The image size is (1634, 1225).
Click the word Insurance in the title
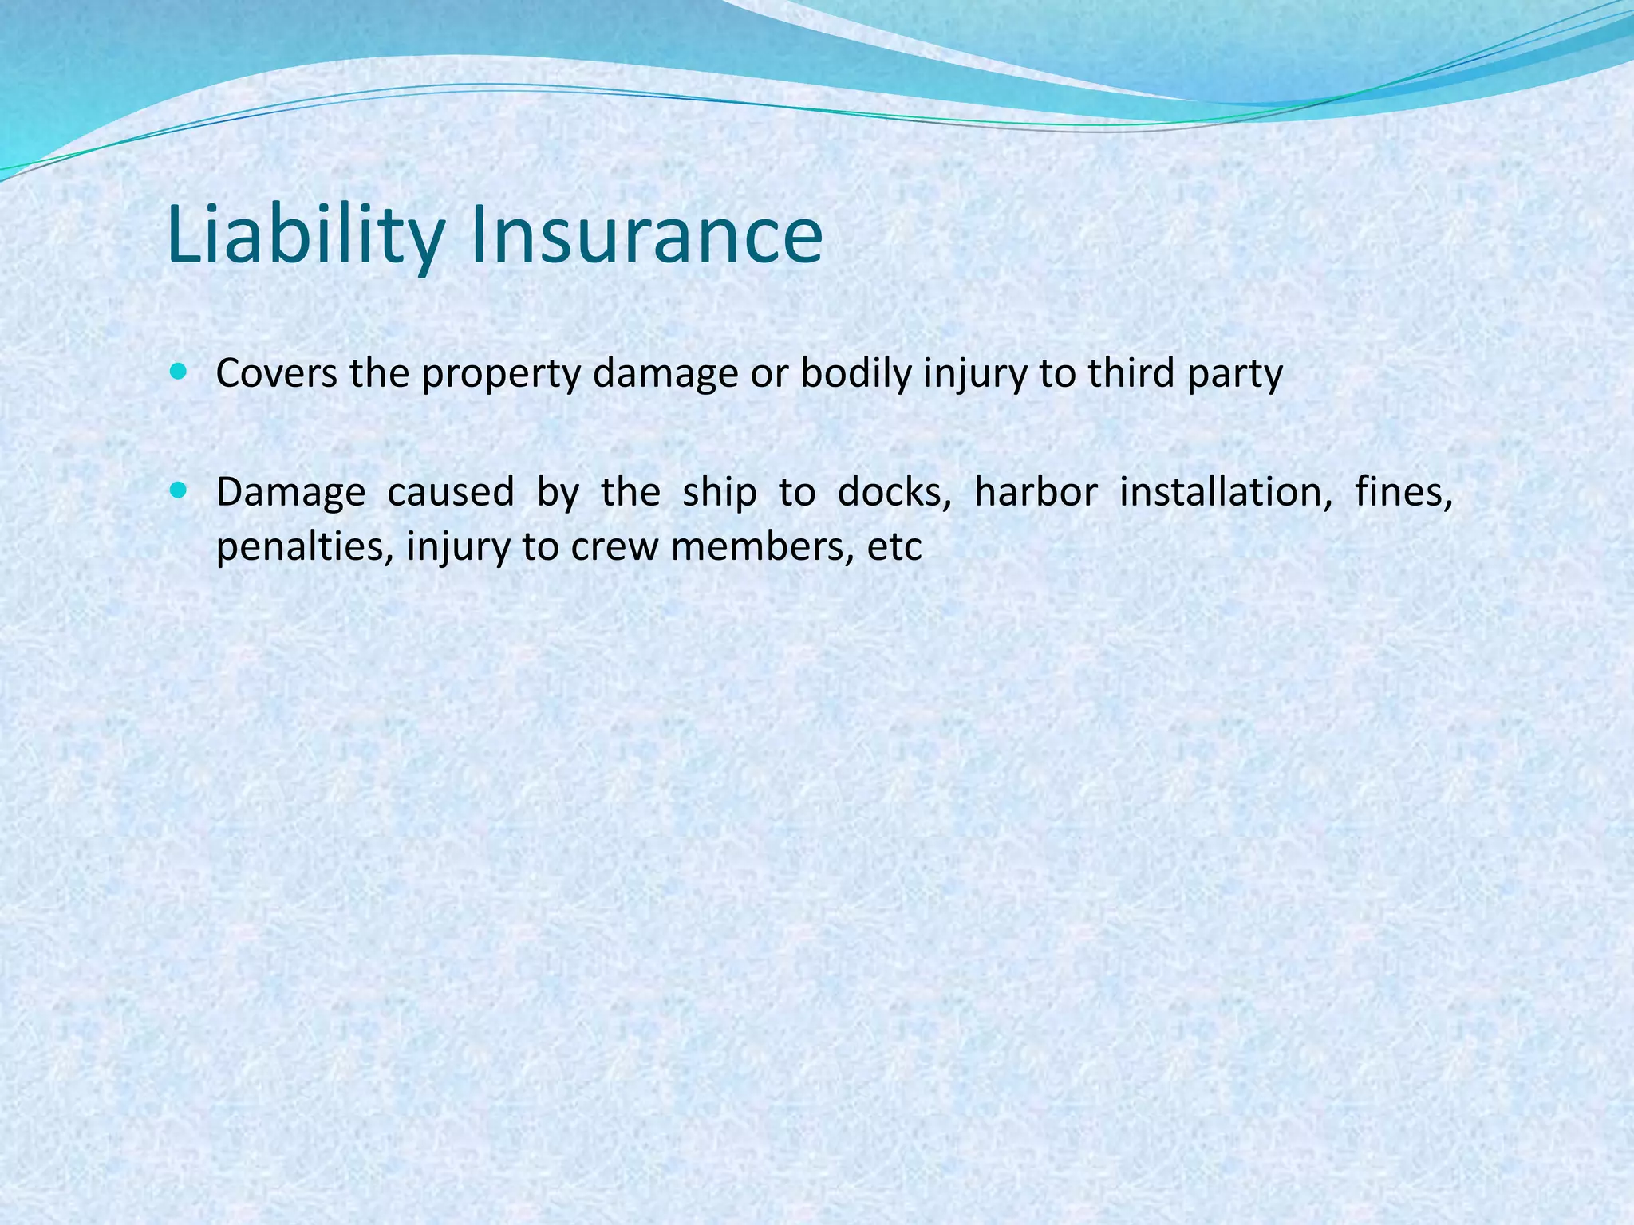[x=646, y=235]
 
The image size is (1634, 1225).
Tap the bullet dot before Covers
[x=178, y=371]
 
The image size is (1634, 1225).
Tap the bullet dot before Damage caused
[x=178, y=490]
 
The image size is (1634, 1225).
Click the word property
[x=501, y=375]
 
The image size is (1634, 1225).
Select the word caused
[x=450, y=492]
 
